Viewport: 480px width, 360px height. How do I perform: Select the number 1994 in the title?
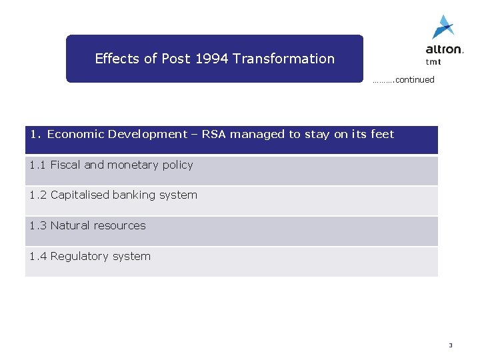click(x=212, y=59)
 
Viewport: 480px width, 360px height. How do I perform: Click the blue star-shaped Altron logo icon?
click(x=443, y=27)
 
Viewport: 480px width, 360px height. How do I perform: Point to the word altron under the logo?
click(x=444, y=49)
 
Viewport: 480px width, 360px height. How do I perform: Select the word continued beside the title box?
click(x=414, y=80)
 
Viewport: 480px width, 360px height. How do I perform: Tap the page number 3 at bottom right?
click(x=450, y=345)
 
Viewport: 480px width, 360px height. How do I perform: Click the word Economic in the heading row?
click(x=75, y=135)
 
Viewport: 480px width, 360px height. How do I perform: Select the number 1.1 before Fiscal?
click(x=37, y=165)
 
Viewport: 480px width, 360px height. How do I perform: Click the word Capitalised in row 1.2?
click(x=80, y=195)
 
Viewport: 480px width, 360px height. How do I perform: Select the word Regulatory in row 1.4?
click(x=80, y=257)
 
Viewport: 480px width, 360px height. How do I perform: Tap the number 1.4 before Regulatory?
click(x=37, y=257)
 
